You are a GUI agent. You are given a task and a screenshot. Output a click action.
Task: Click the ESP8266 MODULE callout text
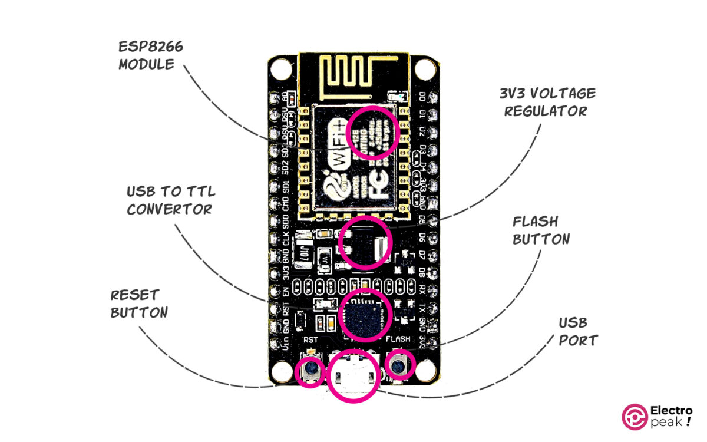[151, 55]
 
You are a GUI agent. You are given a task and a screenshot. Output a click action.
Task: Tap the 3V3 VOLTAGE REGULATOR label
[546, 102]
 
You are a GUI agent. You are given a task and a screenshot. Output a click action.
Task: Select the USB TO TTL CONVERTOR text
[170, 200]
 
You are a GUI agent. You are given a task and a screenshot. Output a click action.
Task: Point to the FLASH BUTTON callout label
[541, 230]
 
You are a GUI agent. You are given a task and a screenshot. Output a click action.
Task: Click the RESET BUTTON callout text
[139, 303]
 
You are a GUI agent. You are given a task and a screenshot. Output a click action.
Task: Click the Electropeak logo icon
[634, 416]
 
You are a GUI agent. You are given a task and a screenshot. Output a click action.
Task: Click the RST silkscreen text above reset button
[310, 340]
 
